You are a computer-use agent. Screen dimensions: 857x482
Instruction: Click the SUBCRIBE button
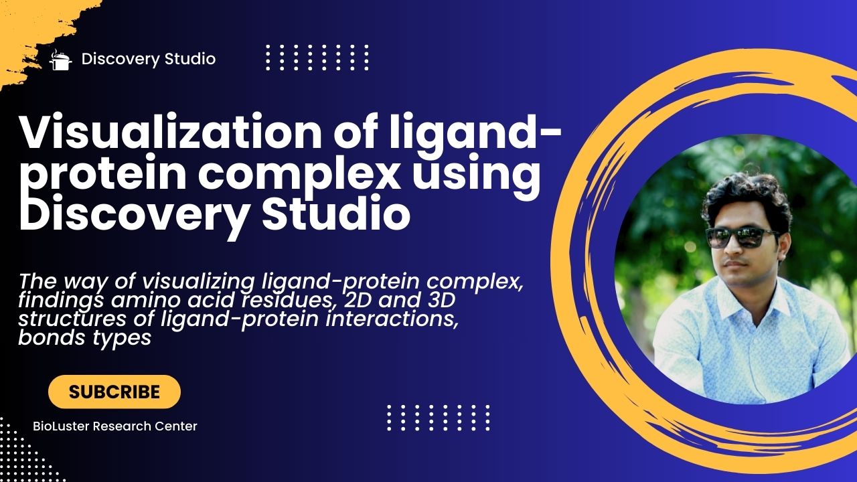click(x=114, y=392)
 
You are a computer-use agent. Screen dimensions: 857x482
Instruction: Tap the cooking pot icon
click(x=60, y=60)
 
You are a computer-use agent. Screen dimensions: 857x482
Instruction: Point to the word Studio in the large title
click(x=336, y=212)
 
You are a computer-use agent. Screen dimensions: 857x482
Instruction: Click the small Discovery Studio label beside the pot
click(x=149, y=60)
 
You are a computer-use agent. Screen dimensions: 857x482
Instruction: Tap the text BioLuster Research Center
click(x=114, y=426)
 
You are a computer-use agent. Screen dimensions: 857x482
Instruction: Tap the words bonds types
click(x=84, y=338)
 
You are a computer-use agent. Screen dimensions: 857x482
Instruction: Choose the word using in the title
click(x=477, y=175)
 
